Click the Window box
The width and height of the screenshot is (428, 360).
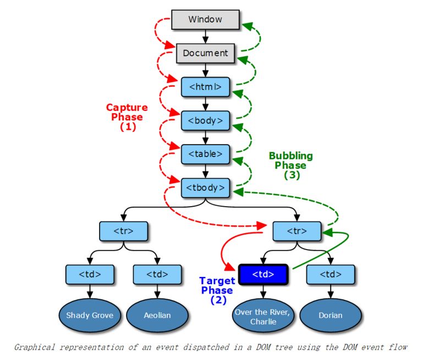point(205,19)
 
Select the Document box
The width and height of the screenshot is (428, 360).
point(205,53)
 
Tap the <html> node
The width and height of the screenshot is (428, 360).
point(205,86)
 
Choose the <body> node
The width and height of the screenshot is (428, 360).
point(205,120)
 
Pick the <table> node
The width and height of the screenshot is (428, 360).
point(205,154)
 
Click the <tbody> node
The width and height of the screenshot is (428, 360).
point(205,187)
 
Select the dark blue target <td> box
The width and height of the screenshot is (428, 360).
point(263,273)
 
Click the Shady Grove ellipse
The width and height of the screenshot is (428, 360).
point(90,315)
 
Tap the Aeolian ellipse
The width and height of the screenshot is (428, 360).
point(158,315)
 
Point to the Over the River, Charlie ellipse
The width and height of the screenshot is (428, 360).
point(263,316)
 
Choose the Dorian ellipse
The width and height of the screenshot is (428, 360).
point(330,315)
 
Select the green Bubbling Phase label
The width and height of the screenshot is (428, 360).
point(290,165)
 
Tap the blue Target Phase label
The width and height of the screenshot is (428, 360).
point(216,290)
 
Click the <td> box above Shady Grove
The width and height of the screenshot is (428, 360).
point(90,273)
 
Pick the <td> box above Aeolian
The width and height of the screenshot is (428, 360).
point(158,273)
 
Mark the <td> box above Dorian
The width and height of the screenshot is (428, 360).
point(330,273)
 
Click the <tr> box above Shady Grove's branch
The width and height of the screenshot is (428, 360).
point(124,231)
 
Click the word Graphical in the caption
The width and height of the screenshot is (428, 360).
point(36,347)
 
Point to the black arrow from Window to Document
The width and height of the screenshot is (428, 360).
point(205,36)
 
